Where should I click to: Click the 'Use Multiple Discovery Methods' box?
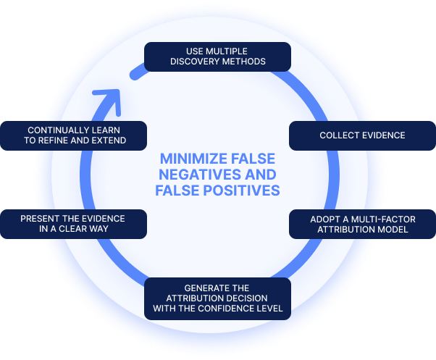(217, 56)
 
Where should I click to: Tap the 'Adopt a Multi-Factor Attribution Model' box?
(362, 224)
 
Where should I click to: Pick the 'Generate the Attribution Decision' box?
(218, 299)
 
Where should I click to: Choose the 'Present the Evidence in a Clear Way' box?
(73, 224)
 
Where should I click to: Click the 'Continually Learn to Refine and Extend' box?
(73, 135)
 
